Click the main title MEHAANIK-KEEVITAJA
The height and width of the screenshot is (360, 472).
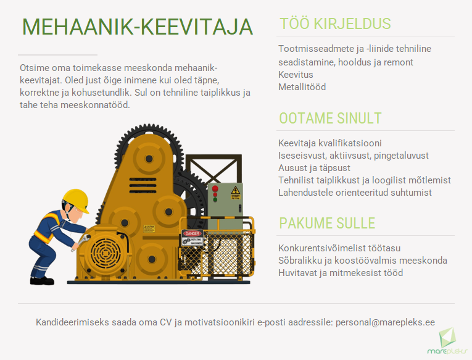138,27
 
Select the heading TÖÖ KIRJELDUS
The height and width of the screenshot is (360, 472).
335,24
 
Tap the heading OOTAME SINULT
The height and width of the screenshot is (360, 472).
330,119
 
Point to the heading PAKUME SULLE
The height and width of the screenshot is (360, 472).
327,223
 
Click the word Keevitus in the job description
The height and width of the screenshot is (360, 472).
296,75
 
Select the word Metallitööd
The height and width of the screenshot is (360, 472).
302,87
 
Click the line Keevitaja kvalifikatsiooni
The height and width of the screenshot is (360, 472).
330,143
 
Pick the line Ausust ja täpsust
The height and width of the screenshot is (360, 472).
314,168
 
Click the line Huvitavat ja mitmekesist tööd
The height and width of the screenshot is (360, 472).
341,272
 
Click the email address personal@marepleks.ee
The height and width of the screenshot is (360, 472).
385,322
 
